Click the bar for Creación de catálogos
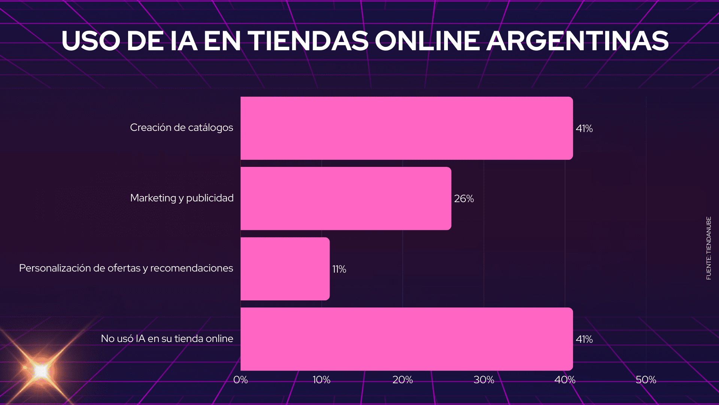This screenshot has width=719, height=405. tap(407, 128)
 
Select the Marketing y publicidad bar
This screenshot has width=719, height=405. tap(346, 198)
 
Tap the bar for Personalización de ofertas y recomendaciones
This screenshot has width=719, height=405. tap(285, 269)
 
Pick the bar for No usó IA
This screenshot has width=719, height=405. tap(407, 339)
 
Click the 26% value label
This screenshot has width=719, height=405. tap(464, 199)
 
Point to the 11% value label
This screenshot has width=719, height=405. tap(339, 269)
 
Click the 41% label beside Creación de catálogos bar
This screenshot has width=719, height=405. tap(584, 129)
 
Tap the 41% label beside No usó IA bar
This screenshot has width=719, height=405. tap(584, 339)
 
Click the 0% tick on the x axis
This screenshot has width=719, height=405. tap(240, 380)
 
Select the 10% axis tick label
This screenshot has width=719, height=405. tap(322, 380)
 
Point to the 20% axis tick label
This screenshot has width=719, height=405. tap(403, 380)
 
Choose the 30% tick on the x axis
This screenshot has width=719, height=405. tap(484, 380)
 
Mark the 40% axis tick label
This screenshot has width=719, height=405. tap(565, 380)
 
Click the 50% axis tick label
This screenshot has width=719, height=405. tap(646, 380)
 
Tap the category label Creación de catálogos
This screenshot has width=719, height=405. tap(182, 128)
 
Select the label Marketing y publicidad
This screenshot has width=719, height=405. tap(182, 198)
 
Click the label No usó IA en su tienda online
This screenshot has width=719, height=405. tap(167, 339)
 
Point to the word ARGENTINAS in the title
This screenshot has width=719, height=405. tap(578, 41)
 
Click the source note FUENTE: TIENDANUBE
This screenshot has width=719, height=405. tap(709, 248)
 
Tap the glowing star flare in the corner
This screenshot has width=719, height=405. tap(40, 371)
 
